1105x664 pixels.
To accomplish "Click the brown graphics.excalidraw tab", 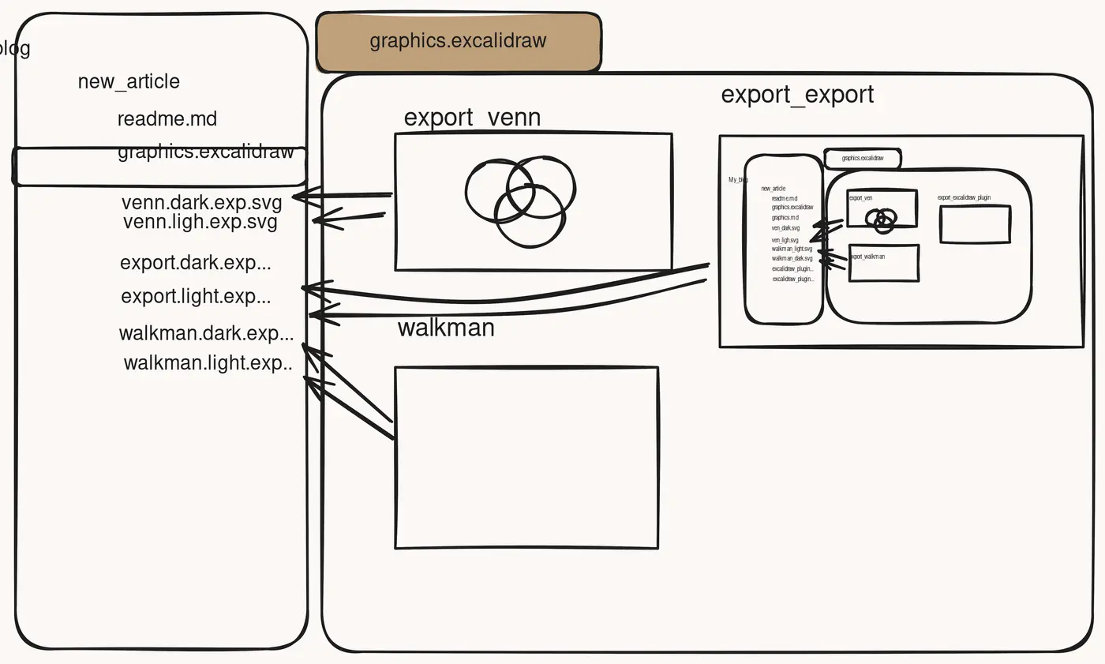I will click(458, 42).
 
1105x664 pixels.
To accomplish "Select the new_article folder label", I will click(129, 81).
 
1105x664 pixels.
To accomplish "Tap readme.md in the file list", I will click(167, 119).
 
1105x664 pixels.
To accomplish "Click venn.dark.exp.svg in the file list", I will click(201, 202).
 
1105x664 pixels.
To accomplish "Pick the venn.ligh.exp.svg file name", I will click(200, 222).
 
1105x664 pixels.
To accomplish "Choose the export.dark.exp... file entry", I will click(195, 263).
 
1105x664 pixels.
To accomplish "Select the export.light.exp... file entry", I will click(196, 297).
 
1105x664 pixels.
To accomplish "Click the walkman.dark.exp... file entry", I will click(206, 333).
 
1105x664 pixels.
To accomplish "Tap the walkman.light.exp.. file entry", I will click(208, 363).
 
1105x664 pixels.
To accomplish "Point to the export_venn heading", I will click(472, 118).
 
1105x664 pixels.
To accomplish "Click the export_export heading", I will click(797, 95).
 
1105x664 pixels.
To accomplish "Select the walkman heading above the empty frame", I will click(446, 328).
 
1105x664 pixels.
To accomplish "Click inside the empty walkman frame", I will click(526, 457).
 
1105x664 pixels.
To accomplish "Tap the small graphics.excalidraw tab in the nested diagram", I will click(862, 159).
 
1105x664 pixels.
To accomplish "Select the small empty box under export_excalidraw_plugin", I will click(975, 224).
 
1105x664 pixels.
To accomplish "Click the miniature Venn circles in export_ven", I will click(883, 219).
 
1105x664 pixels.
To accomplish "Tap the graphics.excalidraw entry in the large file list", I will click(205, 152).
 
